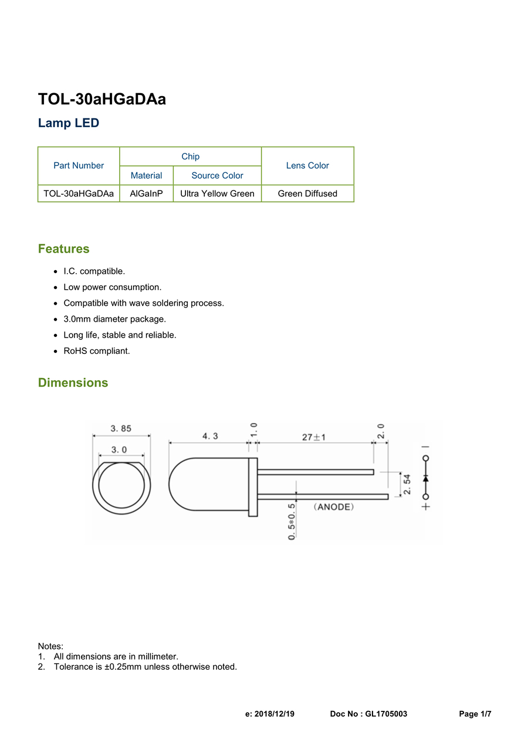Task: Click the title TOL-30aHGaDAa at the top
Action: point(102,100)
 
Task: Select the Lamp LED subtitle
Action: point(69,124)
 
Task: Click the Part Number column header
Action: point(79,166)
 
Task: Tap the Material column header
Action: point(146,176)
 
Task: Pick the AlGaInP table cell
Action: point(146,193)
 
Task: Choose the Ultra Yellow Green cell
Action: point(217,193)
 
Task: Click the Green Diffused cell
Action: point(307,193)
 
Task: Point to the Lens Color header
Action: point(307,166)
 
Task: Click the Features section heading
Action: point(64,249)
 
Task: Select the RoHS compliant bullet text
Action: point(97,351)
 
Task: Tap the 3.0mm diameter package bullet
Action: point(115,319)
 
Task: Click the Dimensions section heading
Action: point(73,383)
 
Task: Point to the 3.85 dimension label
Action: point(121,428)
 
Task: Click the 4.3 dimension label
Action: point(210,436)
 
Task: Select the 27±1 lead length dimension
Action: point(314,437)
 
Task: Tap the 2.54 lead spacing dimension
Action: point(407,484)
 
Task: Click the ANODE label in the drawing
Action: point(334,507)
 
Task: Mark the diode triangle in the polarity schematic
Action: point(426,478)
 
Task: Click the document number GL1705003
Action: point(386,714)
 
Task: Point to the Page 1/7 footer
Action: point(475,714)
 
